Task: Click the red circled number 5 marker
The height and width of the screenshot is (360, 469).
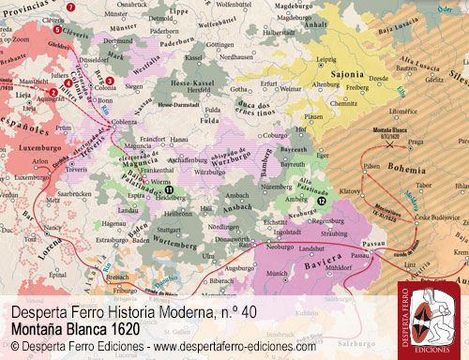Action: tap(56, 30)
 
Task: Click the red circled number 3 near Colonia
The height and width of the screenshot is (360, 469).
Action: tap(110, 82)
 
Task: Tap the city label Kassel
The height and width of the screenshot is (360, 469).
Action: tap(194, 58)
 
